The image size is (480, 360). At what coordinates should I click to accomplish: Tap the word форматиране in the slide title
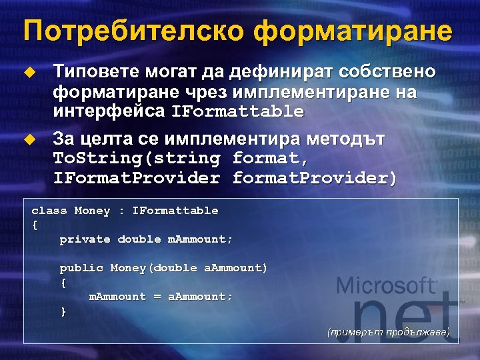point(353,31)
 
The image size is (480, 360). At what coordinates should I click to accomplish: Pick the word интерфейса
point(109,110)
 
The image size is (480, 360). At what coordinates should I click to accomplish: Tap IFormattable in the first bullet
point(237,111)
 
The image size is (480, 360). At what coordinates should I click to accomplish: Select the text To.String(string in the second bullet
point(136,159)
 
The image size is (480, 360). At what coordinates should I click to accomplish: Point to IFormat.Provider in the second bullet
point(136,178)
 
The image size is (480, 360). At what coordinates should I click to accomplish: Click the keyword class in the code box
point(49,211)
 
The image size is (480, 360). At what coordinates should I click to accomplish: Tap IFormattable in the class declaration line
point(175,211)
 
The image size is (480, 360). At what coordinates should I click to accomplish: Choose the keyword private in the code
point(85,239)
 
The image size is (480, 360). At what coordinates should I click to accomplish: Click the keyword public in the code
point(81,268)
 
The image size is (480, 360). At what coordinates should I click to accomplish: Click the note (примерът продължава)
point(389,331)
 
